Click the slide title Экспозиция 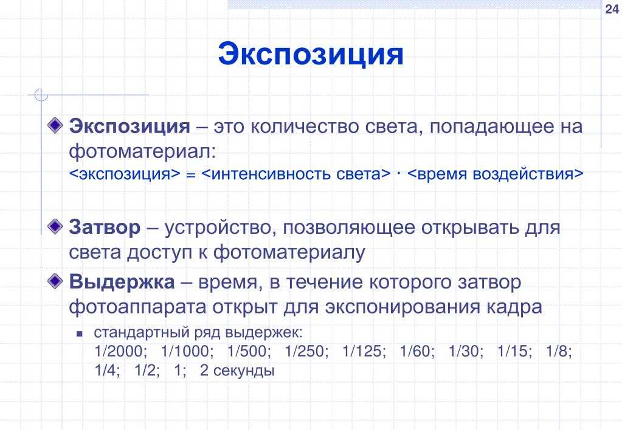(311, 55)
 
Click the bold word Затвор (105, 228)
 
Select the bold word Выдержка (122, 282)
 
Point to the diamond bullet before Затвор (55, 227)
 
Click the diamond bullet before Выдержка (55, 281)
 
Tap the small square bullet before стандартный (80, 334)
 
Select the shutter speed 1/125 (364, 352)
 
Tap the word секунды (244, 371)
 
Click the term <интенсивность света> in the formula (296, 174)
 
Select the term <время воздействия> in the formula (496, 174)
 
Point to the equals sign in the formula (191, 175)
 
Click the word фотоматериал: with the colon (142, 151)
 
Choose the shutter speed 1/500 (249, 352)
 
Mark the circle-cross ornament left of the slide (41, 95)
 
